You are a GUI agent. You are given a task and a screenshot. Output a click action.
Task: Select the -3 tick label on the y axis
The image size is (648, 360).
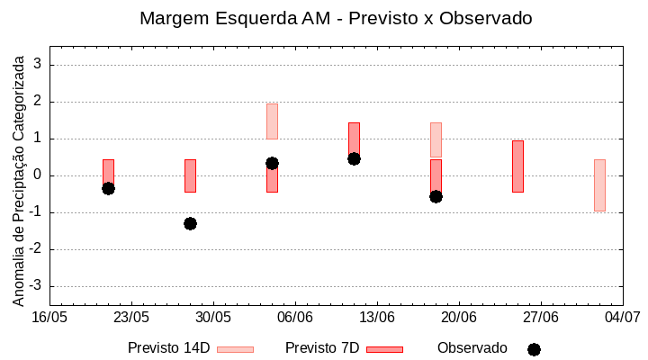[37, 286]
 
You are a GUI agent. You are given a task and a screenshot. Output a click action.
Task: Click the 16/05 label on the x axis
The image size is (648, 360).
[49, 318]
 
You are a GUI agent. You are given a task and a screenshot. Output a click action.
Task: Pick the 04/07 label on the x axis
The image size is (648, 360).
[622, 318]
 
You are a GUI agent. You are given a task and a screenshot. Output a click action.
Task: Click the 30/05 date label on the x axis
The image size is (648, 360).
[213, 318]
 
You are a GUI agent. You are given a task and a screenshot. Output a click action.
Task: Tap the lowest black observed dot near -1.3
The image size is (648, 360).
[190, 223]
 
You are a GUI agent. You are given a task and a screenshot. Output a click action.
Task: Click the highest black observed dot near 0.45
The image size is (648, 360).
[354, 158]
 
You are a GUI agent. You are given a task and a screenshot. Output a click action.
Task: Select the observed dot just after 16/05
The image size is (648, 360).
[108, 188]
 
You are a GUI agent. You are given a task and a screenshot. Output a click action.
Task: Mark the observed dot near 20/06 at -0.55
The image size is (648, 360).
[436, 196]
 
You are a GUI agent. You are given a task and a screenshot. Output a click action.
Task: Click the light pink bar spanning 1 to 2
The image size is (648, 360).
[272, 121]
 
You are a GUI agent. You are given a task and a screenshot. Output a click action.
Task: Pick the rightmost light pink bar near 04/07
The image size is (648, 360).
[599, 185]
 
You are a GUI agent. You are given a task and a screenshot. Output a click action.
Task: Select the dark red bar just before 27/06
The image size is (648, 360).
[517, 166]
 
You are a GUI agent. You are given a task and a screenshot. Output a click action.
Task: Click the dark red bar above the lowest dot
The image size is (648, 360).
[190, 175]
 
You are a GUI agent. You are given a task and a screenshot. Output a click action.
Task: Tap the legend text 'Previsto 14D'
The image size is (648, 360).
[168, 348]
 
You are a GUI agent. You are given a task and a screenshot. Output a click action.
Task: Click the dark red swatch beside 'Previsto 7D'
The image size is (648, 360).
[384, 349]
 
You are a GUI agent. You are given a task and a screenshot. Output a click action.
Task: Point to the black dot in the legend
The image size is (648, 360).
[534, 349]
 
